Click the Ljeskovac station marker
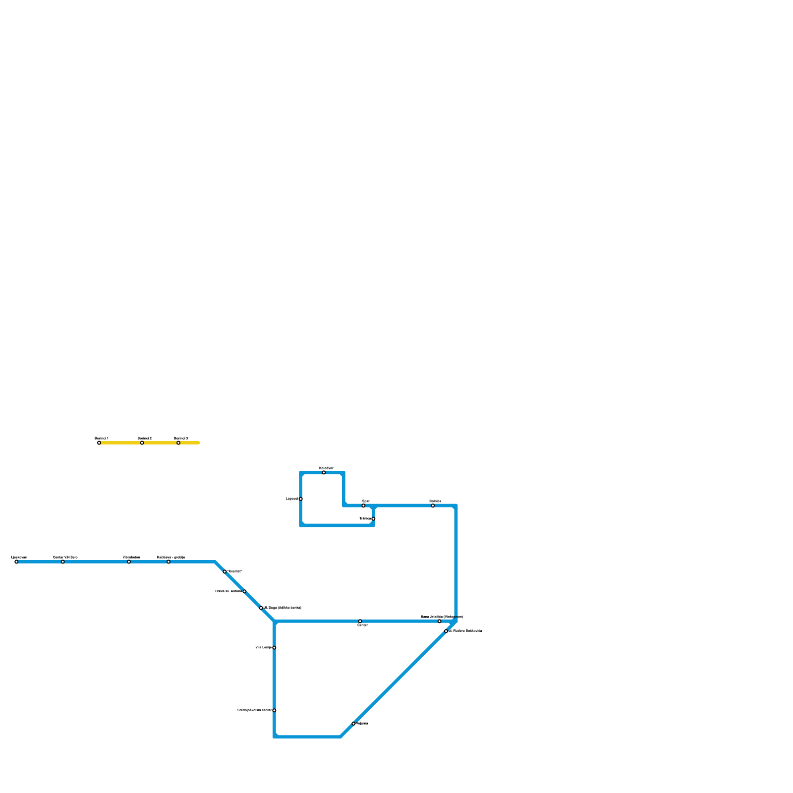[16, 562]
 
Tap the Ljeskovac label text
[19, 557]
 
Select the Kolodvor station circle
[324, 472]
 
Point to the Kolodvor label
[326, 468]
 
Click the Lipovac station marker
[300, 499]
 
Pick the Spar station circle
[363, 506]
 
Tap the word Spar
[366, 501]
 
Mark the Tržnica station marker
[373, 518]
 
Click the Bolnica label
[435, 501]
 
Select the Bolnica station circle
[433, 506]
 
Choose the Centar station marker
[360, 621]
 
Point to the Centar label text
[363, 625]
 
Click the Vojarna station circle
[353, 724]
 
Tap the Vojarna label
[362, 724]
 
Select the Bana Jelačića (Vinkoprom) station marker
[439, 621]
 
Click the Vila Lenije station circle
[274, 647]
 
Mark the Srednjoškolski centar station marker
[274, 710]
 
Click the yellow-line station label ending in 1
[102, 438]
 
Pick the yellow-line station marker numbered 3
[178, 443]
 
